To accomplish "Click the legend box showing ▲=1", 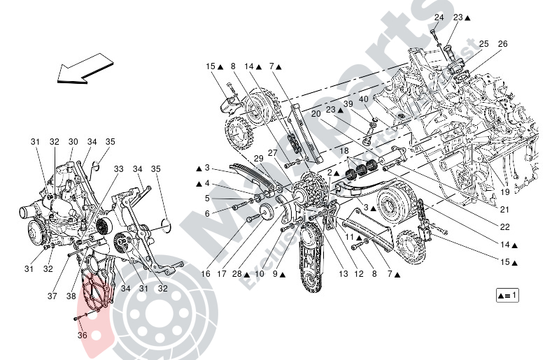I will [508, 295].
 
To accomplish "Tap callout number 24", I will [439, 17].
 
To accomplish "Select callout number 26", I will [502, 44].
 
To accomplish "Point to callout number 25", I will [484, 44].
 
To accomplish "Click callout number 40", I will [363, 99].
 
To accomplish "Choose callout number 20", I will [316, 113].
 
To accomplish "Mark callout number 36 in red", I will [83, 335].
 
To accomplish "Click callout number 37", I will [52, 296].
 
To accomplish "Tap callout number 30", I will [72, 142].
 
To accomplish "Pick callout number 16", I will [206, 275].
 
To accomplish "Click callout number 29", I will [259, 159].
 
